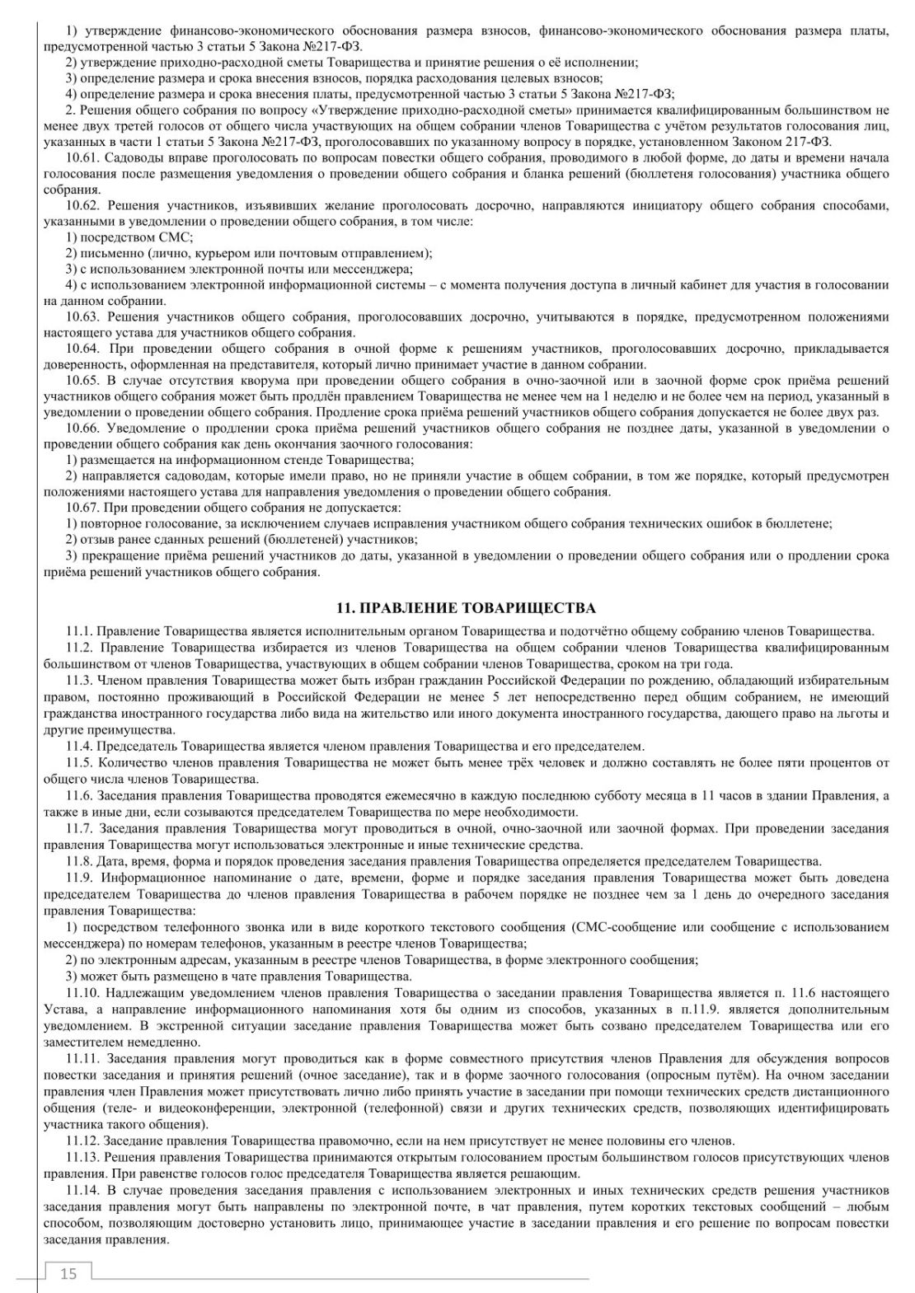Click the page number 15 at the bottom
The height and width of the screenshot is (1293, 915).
click(x=68, y=1274)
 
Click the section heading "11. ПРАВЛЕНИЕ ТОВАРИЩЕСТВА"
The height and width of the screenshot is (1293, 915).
click(x=466, y=608)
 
